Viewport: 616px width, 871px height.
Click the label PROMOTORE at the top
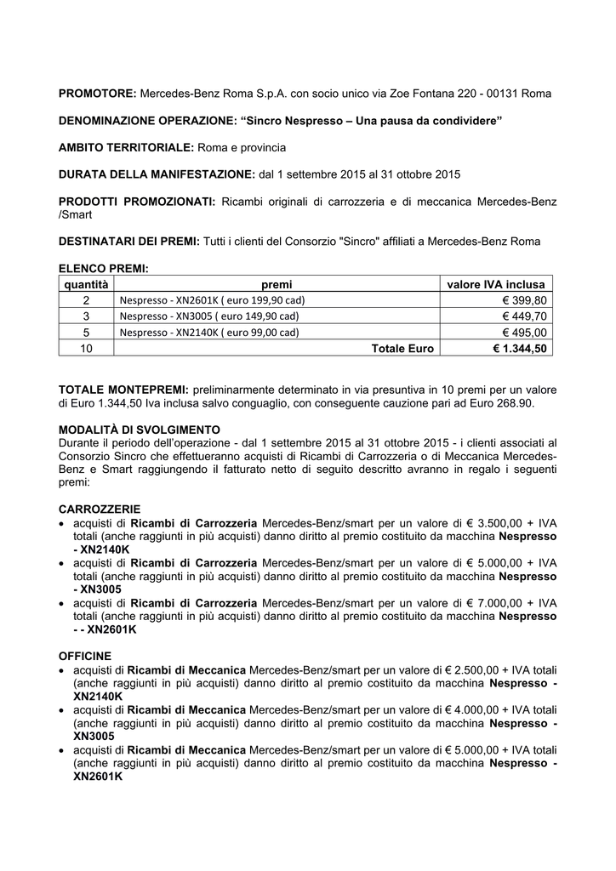point(97,92)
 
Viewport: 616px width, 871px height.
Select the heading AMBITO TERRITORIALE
point(127,147)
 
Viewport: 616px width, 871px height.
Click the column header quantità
point(85,284)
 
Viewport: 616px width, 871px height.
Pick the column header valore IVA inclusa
point(498,284)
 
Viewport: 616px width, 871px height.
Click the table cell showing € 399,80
point(525,300)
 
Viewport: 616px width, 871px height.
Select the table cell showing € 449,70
point(525,316)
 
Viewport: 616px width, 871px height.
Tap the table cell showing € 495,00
point(525,333)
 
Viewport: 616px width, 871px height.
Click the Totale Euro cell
point(402,349)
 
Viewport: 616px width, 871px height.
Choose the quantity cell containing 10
point(85,349)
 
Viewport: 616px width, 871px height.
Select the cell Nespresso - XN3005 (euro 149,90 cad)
point(209,316)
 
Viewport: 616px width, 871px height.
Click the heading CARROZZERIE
point(99,508)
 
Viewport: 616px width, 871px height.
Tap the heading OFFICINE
point(84,657)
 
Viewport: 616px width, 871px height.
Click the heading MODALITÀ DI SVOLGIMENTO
point(140,429)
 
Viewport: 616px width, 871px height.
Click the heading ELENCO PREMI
point(103,269)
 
